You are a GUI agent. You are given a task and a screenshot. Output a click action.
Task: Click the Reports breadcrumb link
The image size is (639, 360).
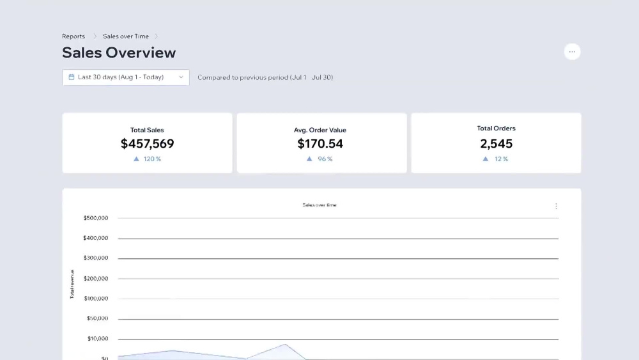73,36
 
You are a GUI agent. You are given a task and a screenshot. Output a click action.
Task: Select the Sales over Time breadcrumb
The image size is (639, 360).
125,36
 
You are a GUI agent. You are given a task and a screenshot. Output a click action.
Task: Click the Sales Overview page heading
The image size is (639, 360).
119,52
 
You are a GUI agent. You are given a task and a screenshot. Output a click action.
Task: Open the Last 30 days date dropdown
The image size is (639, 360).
125,77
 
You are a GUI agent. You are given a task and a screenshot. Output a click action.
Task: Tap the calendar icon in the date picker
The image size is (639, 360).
72,77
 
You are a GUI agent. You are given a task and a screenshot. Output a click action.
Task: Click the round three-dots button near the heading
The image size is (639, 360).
572,52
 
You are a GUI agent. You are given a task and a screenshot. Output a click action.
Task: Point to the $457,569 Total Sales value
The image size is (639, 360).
147,143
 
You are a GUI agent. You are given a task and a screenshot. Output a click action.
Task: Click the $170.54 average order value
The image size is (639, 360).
320,143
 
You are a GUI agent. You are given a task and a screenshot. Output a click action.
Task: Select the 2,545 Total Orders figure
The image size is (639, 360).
496,143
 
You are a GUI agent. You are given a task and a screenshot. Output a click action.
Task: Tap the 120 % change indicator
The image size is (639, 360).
147,159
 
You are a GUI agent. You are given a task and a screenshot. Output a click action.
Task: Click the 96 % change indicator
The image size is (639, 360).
319,159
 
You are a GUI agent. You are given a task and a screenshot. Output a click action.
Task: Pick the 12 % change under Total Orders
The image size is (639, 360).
496,159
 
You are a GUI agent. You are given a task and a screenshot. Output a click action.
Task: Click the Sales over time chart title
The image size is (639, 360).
319,205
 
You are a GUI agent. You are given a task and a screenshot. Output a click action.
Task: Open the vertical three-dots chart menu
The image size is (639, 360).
556,207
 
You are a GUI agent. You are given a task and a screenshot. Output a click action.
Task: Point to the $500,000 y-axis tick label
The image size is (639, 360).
96,218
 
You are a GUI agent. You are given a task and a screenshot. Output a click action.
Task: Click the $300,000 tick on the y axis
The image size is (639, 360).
96,258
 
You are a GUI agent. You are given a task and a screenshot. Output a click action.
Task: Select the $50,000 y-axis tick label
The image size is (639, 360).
97,318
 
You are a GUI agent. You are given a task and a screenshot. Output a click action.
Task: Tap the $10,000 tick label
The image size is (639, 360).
98,338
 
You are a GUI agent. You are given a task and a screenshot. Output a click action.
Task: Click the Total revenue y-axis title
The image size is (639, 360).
72,284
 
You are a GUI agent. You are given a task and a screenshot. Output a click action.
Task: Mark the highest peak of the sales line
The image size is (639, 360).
285,345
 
